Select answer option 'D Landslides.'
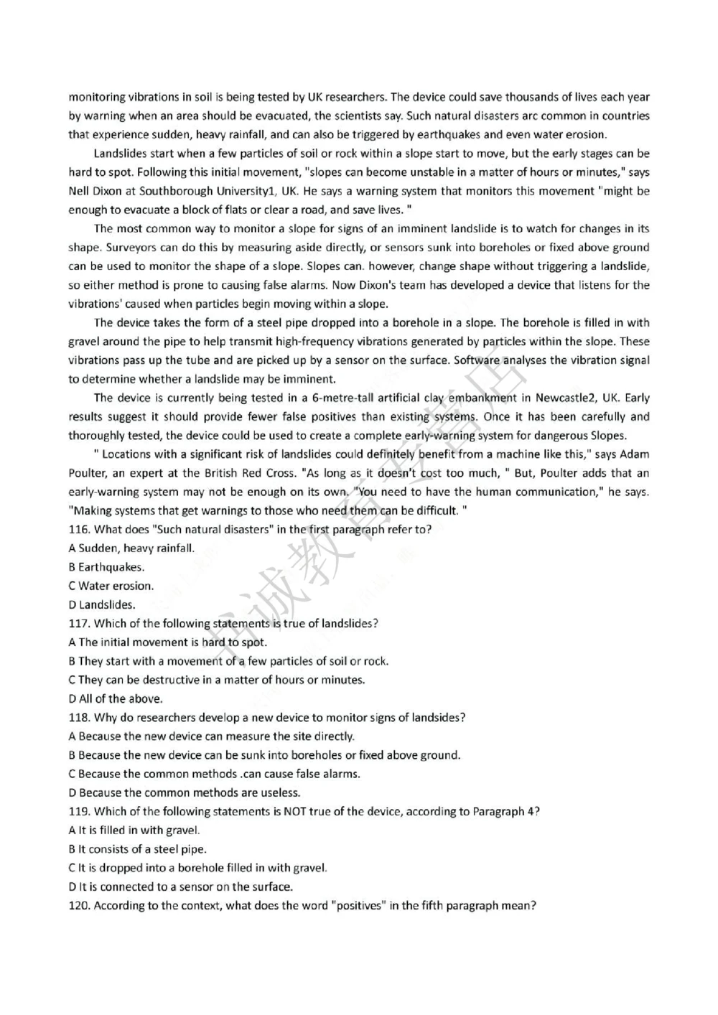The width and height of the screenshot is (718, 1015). click(x=102, y=605)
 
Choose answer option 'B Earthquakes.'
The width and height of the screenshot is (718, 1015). click(x=106, y=567)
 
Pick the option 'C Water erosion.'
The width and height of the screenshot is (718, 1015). click(x=111, y=586)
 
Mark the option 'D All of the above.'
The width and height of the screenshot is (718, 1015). click(x=116, y=698)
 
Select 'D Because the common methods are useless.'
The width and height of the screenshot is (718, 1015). click(x=185, y=793)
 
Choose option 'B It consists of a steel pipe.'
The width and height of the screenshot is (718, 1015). click(x=137, y=849)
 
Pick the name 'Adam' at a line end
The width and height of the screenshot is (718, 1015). click(x=634, y=454)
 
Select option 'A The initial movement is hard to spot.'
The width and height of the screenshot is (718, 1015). click(x=167, y=642)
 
